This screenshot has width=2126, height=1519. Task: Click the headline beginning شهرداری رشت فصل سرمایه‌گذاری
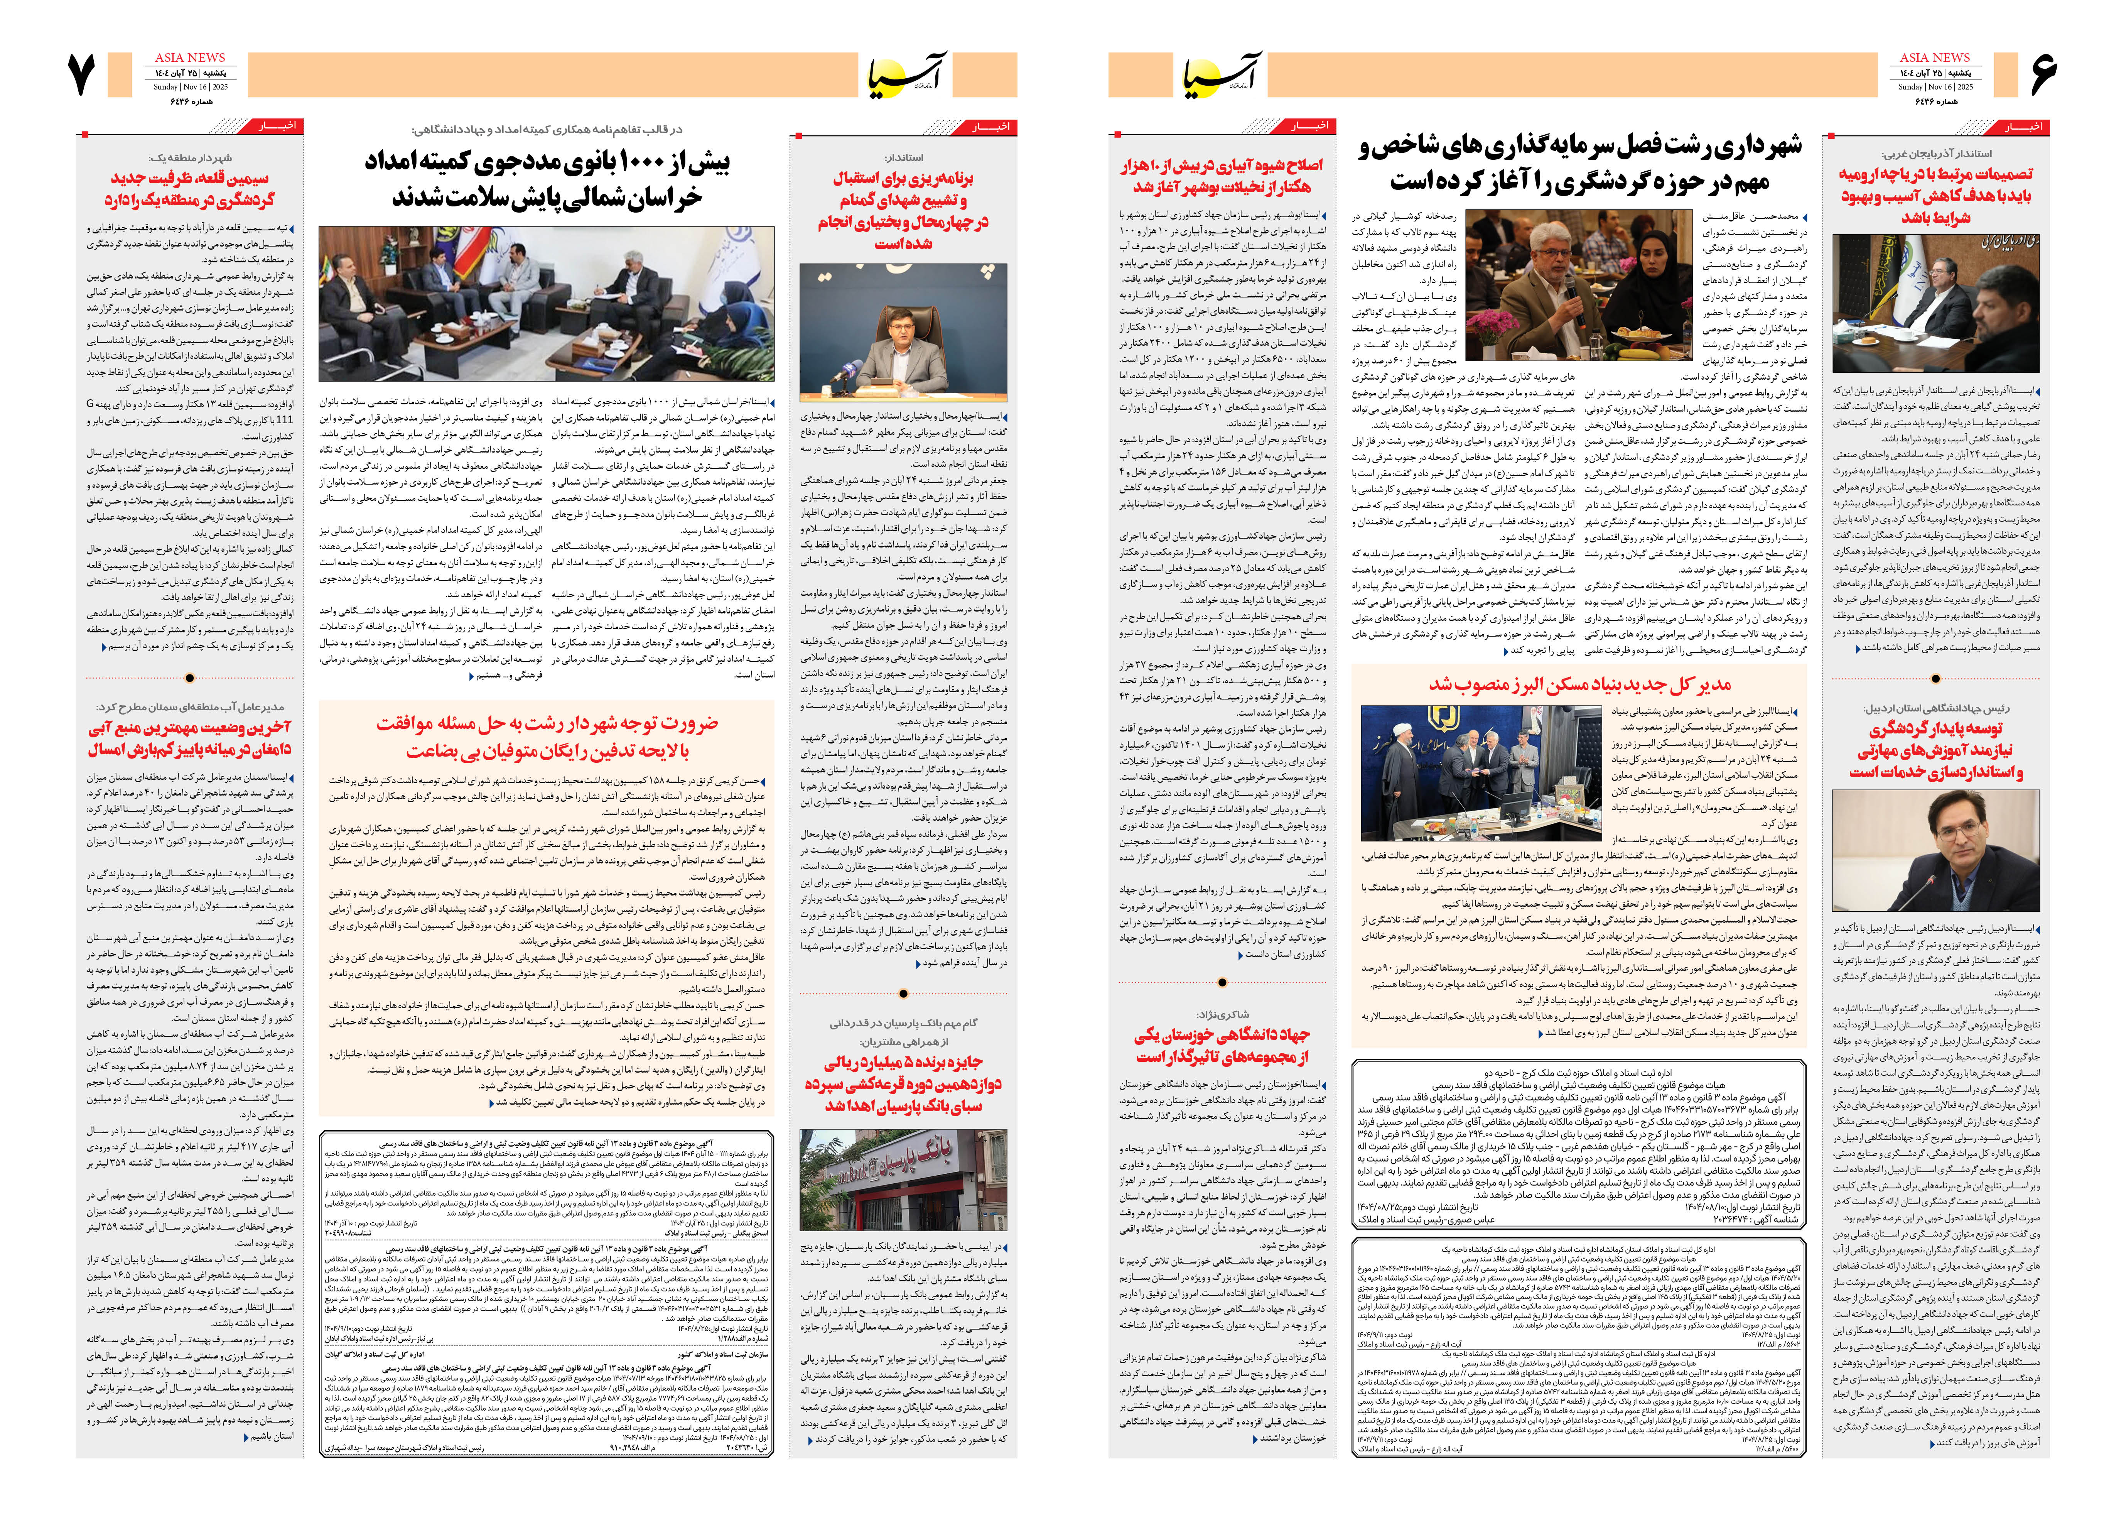click(x=1580, y=164)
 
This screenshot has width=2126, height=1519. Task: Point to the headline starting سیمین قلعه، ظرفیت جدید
click(x=190, y=188)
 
